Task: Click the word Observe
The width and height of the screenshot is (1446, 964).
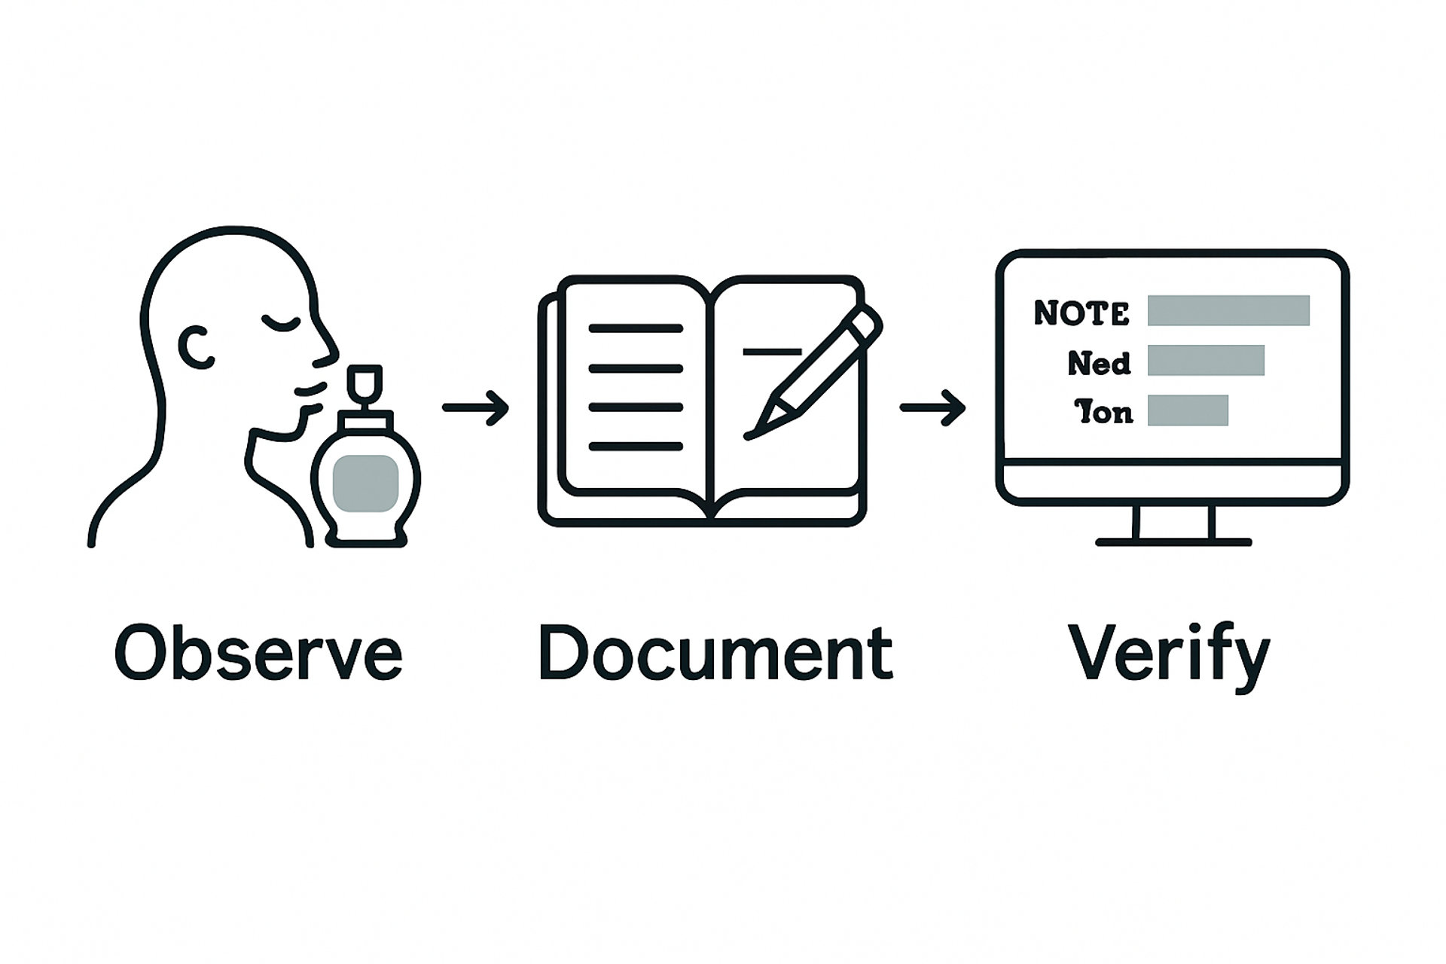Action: point(258,652)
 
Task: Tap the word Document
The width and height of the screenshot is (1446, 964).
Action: point(715,652)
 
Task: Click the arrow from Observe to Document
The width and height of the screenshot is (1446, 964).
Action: point(475,408)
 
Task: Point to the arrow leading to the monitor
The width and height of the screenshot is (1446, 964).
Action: point(932,408)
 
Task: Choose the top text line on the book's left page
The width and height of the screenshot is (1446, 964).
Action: point(635,328)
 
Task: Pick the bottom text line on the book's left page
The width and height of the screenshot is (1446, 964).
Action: point(635,447)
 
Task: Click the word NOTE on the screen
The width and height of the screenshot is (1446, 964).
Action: point(1081,313)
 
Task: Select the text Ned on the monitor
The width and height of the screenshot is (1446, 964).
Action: point(1099,364)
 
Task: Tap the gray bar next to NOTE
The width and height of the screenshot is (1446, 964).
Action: point(1228,310)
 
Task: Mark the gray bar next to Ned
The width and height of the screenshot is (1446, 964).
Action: point(1206,360)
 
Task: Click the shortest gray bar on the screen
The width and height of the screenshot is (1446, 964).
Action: point(1188,410)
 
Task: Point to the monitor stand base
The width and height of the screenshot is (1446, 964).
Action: point(1173,541)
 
